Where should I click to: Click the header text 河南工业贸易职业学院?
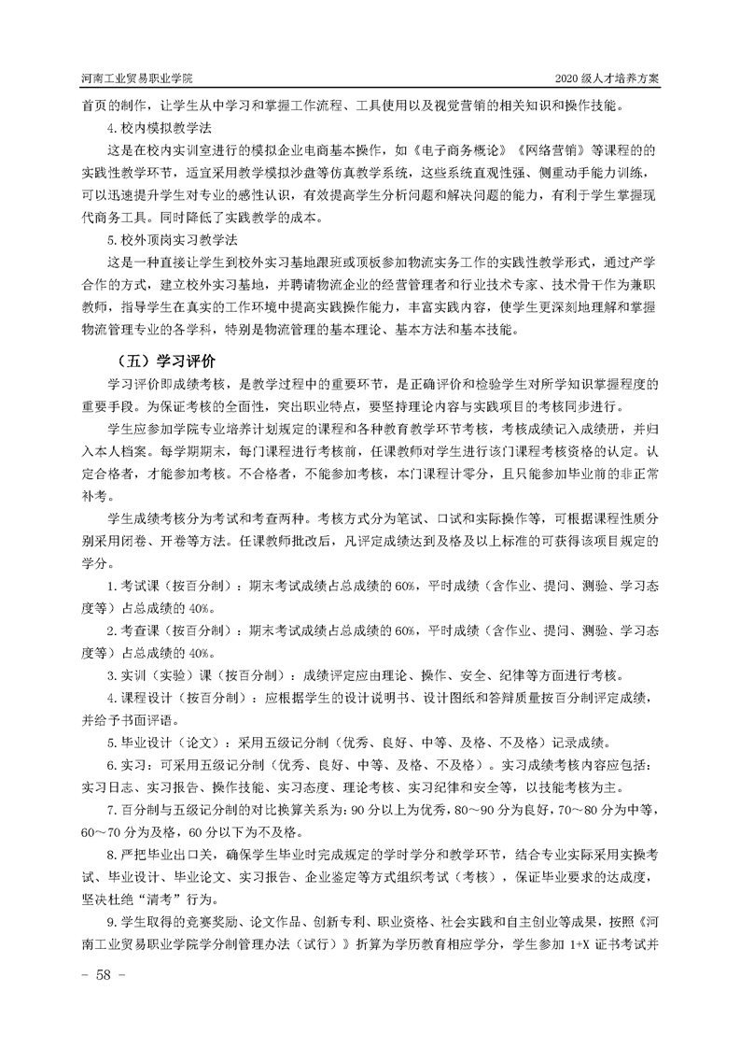(x=143, y=78)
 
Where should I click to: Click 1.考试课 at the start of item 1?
(x=136, y=586)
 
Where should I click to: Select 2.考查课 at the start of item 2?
(x=136, y=631)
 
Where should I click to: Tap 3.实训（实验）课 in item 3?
(x=161, y=676)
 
